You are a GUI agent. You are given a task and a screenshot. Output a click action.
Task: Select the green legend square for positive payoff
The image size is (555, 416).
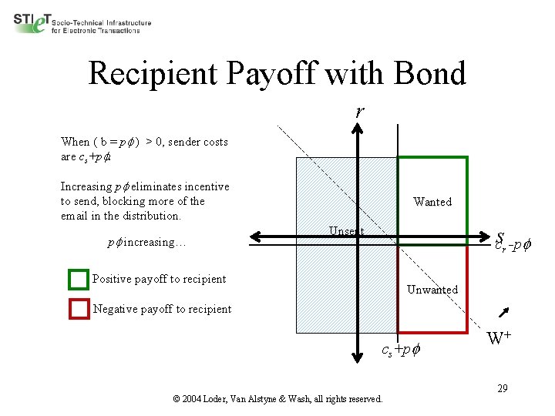coord(78,279)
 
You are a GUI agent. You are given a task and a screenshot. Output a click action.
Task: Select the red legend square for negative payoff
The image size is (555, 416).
coord(79,309)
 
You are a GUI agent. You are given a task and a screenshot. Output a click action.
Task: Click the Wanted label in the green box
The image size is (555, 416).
coord(432,202)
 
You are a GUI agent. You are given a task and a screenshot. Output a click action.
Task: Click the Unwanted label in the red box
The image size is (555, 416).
coord(432,290)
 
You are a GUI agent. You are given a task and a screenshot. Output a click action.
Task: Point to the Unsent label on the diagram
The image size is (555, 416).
coord(346,231)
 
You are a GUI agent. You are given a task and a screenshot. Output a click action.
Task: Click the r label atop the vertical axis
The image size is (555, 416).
coord(359,111)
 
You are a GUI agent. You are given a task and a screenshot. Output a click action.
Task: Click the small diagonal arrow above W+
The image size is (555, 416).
coord(506,311)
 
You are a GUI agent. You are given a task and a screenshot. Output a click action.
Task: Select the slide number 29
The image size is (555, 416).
coord(502,388)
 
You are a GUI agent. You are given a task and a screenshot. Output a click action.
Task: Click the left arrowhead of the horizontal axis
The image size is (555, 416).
coord(259,236)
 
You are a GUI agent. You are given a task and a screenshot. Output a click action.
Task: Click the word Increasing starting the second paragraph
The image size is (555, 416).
coord(86,186)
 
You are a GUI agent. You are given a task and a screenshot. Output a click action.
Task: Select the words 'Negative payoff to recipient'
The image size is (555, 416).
coord(162,309)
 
